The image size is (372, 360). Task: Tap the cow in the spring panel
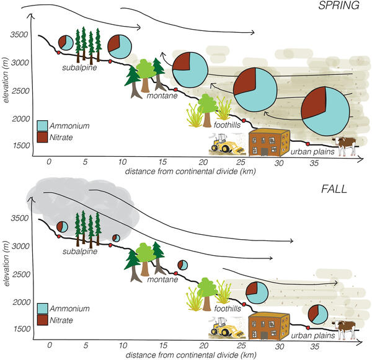click(346, 146)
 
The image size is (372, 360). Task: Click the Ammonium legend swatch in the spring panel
click(42, 126)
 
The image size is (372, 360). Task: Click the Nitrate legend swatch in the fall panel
click(42, 320)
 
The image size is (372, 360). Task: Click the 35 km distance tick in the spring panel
click(314, 162)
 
